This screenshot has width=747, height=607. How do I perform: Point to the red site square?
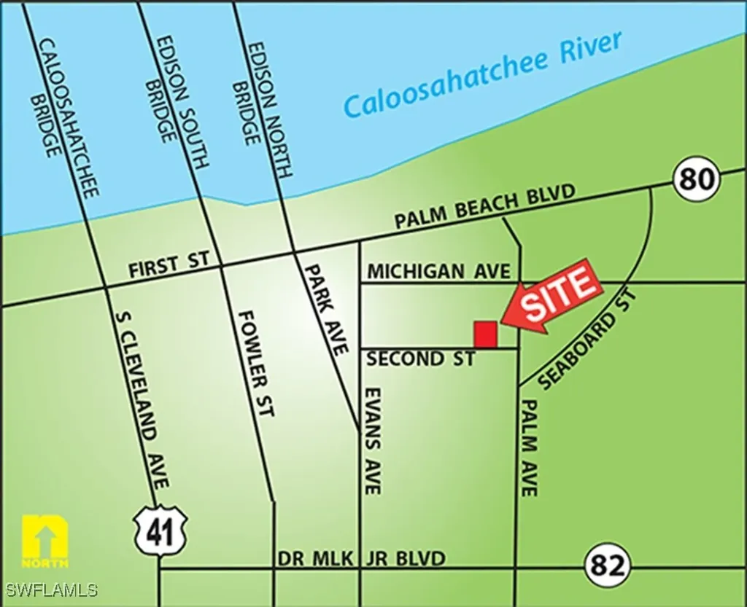(486, 334)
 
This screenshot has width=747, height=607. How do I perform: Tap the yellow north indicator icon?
(45, 542)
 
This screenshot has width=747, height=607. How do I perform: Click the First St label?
(169, 265)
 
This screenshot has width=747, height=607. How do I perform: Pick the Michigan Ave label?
(438, 271)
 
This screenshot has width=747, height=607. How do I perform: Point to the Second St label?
(420, 359)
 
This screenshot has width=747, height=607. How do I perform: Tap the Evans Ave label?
(373, 439)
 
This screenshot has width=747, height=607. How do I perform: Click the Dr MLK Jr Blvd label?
(361, 558)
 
